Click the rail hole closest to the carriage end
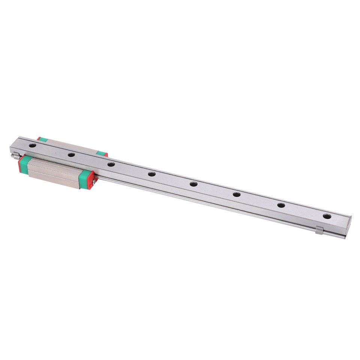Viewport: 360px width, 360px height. [33, 145]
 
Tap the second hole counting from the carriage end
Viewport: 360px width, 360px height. [71, 154]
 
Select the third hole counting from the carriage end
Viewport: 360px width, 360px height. [111, 164]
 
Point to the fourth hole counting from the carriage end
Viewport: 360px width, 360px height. [151, 174]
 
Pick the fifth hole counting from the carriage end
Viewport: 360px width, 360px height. [193, 184]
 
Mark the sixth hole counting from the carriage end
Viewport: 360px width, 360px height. [237, 194]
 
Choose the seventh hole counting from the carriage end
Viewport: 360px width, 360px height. [281, 205]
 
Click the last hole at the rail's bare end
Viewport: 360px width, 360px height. [327, 216]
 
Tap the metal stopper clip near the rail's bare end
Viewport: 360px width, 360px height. [319, 231]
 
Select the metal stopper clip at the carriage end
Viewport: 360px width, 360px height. [15, 155]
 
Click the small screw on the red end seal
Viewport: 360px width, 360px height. [94, 182]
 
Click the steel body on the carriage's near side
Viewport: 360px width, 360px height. [54, 172]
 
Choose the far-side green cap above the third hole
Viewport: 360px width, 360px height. [100, 153]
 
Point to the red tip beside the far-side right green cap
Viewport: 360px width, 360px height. [106, 154]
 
